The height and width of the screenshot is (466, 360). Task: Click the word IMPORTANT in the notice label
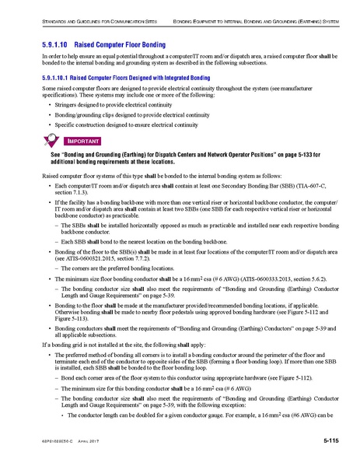tap(82, 141)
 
